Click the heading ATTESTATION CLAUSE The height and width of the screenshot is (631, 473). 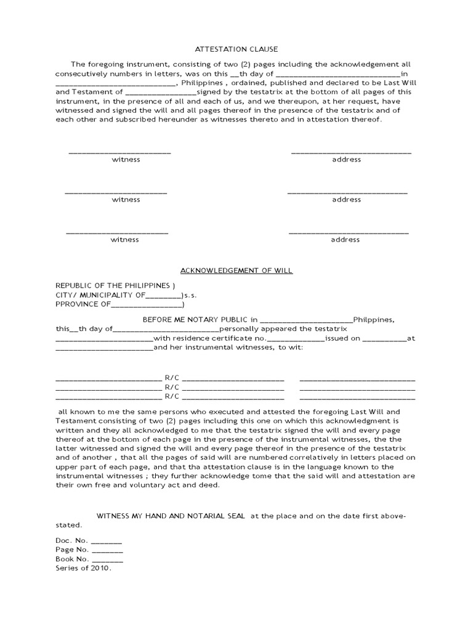coord(236,49)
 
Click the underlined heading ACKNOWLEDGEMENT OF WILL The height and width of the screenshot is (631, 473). coord(236,271)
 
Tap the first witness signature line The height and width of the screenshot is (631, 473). coord(119,152)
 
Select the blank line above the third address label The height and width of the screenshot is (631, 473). coord(349,233)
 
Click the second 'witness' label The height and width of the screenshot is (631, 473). coord(126,200)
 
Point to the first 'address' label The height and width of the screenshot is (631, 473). coord(346,160)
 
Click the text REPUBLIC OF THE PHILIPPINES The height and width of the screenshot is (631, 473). coord(112,286)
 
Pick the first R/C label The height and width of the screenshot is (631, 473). coord(171,378)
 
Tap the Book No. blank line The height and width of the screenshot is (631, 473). coord(108,561)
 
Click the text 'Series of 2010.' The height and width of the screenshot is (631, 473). coord(83,569)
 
